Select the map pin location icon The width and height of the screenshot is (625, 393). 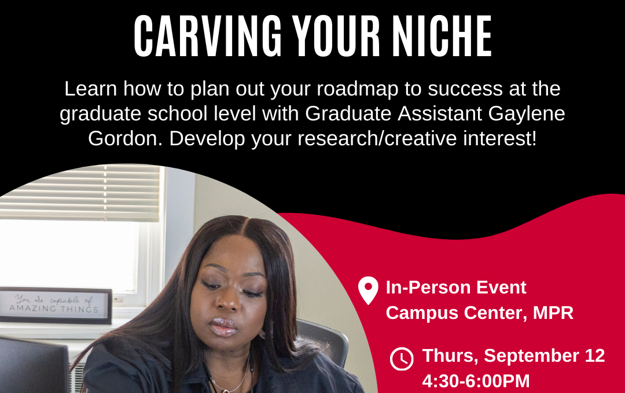click(x=368, y=291)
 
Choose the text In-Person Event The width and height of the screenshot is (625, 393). click(x=456, y=287)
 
